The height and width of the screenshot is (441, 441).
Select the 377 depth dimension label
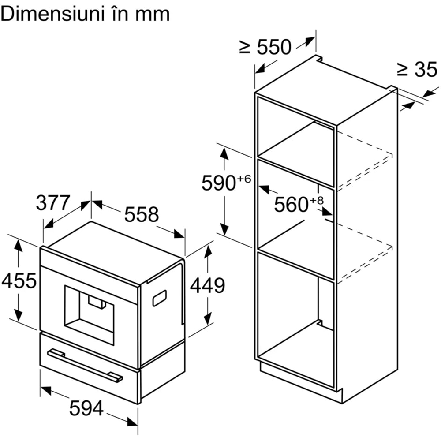tap(53, 203)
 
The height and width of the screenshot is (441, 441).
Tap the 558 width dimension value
tap(141, 215)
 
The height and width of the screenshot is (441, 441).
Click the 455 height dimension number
tap(19, 280)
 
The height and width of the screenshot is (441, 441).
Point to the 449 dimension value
tap(207, 286)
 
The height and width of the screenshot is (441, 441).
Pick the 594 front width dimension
tap(86, 408)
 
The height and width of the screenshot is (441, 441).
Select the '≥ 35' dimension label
tap(417, 70)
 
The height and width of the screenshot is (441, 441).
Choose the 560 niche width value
tap(291, 204)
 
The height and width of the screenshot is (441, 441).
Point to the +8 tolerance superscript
tap(316, 200)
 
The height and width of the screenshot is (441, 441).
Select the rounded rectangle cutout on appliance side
tap(160, 298)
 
